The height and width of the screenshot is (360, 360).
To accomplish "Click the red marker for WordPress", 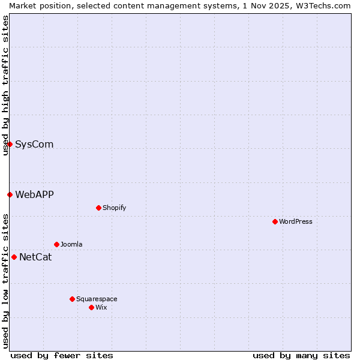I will click(x=275, y=221).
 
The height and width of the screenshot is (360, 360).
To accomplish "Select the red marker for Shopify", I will click(x=98, y=208).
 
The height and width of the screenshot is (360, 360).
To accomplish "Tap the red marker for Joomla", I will click(x=56, y=244).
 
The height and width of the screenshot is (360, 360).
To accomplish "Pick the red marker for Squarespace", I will click(x=72, y=299).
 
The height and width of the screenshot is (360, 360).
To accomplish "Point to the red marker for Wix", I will click(x=91, y=307).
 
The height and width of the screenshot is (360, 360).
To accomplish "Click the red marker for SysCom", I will click(x=10, y=144).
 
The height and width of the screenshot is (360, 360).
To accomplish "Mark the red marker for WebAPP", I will click(x=10, y=194).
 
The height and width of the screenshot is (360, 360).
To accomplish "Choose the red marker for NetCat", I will click(x=14, y=257).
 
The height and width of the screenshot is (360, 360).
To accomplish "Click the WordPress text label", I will click(x=296, y=221).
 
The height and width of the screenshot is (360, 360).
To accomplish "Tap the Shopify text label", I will click(x=114, y=208).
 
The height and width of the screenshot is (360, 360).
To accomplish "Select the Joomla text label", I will click(x=71, y=244).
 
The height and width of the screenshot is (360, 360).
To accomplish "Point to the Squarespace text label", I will click(x=97, y=299).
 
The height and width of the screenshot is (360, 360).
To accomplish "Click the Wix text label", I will click(x=101, y=307).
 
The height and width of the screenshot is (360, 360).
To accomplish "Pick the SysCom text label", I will click(x=34, y=144).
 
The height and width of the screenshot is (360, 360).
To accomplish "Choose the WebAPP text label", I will click(x=34, y=194).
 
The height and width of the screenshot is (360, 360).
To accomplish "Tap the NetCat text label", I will click(x=35, y=257).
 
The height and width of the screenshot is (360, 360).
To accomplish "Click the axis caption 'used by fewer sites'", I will click(x=62, y=355).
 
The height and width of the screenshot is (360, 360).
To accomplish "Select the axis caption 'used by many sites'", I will click(x=301, y=355).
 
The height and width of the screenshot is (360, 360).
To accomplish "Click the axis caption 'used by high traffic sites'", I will click(x=5, y=85).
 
